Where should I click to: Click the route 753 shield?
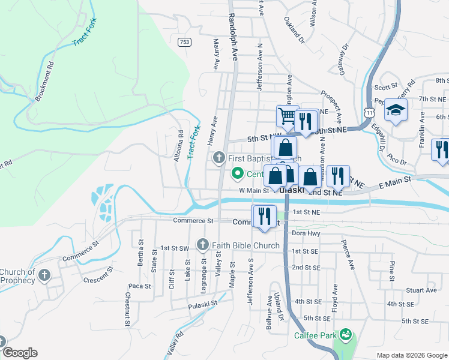click(x=184, y=41)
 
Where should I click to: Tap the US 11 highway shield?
click(x=369, y=112)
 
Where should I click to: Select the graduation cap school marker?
click(x=396, y=110)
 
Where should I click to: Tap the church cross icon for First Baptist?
click(x=219, y=158)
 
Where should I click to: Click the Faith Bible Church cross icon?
click(x=202, y=245)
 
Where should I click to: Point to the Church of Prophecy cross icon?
click(x=44, y=275)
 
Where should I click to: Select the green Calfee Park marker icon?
click(x=345, y=334)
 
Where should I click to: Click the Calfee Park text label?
click(x=315, y=335)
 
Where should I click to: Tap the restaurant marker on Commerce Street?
click(x=264, y=216)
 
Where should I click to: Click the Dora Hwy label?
click(x=303, y=233)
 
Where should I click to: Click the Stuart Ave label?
click(x=421, y=290)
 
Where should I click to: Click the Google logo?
click(x=20, y=353)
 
